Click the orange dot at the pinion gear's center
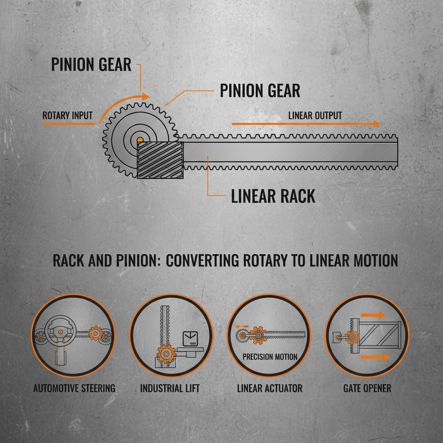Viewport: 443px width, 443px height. (139, 140)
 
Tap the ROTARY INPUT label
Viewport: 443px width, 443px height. (67, 116)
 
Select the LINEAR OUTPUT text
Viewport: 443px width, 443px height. (315, 116)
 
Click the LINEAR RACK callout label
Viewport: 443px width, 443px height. (273, 196)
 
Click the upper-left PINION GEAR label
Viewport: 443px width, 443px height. (91, 64)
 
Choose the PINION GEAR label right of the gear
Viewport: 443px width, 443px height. (260, 91)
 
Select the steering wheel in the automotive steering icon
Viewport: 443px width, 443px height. (60, 331)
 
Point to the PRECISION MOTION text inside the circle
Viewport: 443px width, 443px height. (270, 357)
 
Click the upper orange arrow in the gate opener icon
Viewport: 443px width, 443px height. (374, 315)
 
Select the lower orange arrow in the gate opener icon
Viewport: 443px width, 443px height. (375, 357)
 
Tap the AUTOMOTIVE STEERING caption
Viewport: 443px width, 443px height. (74, 388)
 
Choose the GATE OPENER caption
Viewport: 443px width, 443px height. (367, 388)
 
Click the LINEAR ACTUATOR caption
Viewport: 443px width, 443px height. (270, 388)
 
